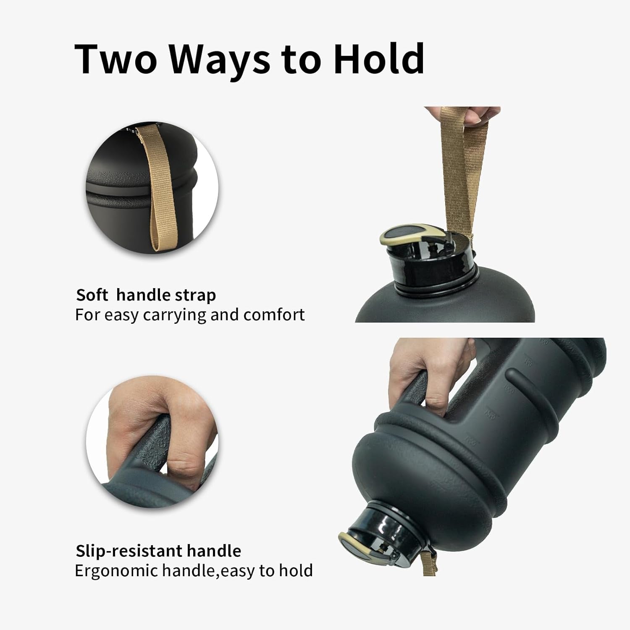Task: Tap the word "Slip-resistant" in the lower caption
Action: pyautogui.click(x=131, y=551)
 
